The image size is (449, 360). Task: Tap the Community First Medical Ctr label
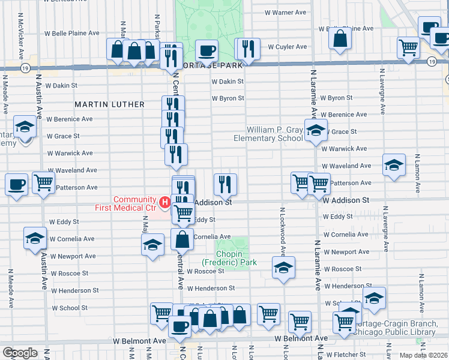(x=134, y=204)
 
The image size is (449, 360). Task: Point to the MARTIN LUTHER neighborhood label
(x=109, y=104)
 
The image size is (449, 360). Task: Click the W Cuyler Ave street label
(x=287, y=46)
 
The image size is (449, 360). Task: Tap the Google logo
(x=20, y=353)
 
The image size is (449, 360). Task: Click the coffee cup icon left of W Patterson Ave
(x=17, y=184)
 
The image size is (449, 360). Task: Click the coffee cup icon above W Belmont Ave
(x=179, y=326)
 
